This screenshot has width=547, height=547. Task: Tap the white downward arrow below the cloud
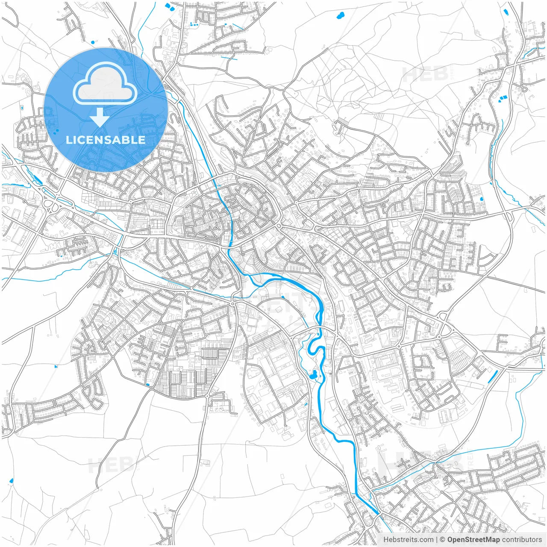pos(100,117)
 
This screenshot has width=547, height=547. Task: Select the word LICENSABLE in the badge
pos(106,140)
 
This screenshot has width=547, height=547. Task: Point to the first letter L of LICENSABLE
pos(68,140)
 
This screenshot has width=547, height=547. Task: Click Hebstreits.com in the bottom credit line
pos(408,540)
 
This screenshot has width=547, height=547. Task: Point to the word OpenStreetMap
pos(474,540)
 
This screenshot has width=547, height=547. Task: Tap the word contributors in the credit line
pos(522,540)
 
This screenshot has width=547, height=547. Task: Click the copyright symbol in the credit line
pos(443,540)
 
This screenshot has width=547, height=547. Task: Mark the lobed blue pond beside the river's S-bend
pos(313,376)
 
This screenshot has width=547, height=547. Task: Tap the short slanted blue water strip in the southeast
pos(492,376)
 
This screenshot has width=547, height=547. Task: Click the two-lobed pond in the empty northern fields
pos(341,17)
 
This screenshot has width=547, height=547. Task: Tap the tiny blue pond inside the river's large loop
pos(283,297)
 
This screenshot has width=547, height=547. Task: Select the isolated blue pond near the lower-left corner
pos(11,481)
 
